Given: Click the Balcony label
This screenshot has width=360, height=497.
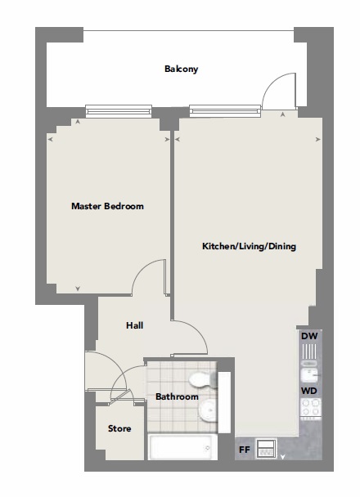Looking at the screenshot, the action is pyautogui.click(x=181, y=69).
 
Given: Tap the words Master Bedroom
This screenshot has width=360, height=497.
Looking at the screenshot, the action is pyautogui.click(x=107, y=206).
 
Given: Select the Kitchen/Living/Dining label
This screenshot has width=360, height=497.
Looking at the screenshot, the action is pyautogui.click(x=249, y=246).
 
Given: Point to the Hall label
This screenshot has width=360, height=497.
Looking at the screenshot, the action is pyautogui.click(x=134, y=325).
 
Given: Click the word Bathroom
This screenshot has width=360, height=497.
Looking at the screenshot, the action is pyautogui.click(x=177, y=396).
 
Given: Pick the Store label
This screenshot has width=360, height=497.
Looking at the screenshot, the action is pyautogui.click(x=119, y=428).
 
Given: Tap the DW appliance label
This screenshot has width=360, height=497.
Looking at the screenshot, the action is pyautogui.click(x=309, y=336).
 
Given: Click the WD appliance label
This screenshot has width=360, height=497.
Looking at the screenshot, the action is pyautogui.click(x=309, y=391).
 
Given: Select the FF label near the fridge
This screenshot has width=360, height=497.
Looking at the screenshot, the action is pyautogui.click(x=245, y=450).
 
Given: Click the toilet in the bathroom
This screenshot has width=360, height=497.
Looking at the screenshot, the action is pyautogui.click(x=203, y=379).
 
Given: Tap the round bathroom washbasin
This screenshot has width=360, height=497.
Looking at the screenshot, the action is pyautogui.click(x=208, y=411).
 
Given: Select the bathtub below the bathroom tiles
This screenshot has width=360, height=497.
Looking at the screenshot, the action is pyautogui.click(x=182, y=447).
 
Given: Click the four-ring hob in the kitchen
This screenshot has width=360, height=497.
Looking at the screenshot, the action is pyautogui.click(x=310, y=407).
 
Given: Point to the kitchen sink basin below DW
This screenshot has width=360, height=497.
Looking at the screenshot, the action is pyautogui.click(x=308, y=375).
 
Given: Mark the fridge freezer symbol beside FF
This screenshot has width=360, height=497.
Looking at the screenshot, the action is pyautogui.click(x=266, y=448).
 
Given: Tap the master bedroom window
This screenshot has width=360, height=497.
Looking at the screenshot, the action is pyautogui.click(x=119, y=111).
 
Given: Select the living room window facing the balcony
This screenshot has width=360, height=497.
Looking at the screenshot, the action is pyautogui.click(x=225, y=111).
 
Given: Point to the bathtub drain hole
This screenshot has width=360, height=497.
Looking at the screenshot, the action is pyautogui.click(x=208, y=448).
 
